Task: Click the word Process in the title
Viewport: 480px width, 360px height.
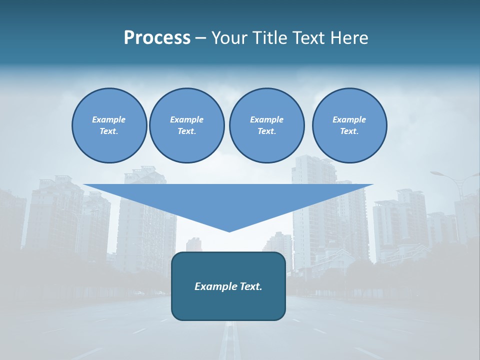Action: [x=157, y=38]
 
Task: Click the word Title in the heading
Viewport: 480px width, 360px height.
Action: [x=271, y=38]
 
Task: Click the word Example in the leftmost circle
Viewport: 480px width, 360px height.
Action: [x=108, y=119]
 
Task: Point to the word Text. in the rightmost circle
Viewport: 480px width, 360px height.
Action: [x=349, y=131]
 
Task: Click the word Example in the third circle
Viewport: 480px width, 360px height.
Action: [x=266, y=119]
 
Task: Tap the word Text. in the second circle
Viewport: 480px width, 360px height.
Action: [x=186, y=131]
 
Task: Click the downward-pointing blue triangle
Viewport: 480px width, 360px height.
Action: [x=228, y=200]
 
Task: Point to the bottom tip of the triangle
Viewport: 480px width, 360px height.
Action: [x=229, y=230]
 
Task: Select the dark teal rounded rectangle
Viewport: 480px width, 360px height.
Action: [x=228, y=305]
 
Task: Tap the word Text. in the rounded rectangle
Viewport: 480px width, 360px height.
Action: [x=250, y=286]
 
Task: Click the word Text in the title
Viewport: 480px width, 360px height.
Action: [x=307, y=38]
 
